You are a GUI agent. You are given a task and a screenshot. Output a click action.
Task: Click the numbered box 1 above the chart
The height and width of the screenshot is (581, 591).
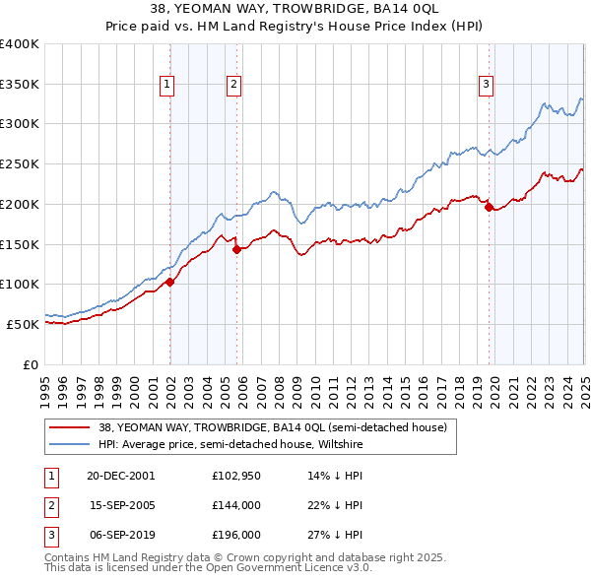point(168,86)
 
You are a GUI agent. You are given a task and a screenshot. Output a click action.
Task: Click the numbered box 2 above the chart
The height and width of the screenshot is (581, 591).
point(234,86)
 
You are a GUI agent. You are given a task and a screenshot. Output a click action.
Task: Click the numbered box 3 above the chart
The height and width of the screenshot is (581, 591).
point(487,86)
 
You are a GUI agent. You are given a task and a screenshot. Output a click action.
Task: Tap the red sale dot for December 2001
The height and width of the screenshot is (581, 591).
point(169,282)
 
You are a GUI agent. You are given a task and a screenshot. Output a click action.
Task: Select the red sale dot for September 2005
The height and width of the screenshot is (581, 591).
point(236,249)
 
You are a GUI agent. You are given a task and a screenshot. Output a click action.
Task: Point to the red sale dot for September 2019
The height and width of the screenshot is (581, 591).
point(489,207)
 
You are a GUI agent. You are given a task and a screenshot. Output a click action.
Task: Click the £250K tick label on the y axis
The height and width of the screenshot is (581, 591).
point(20,163)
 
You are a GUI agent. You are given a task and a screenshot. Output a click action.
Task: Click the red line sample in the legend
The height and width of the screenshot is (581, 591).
point(69,428)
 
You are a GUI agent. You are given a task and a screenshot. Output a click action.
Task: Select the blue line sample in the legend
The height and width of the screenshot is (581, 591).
point(69,443)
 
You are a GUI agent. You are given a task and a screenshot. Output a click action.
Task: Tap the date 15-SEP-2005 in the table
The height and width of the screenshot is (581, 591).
point(121,505)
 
